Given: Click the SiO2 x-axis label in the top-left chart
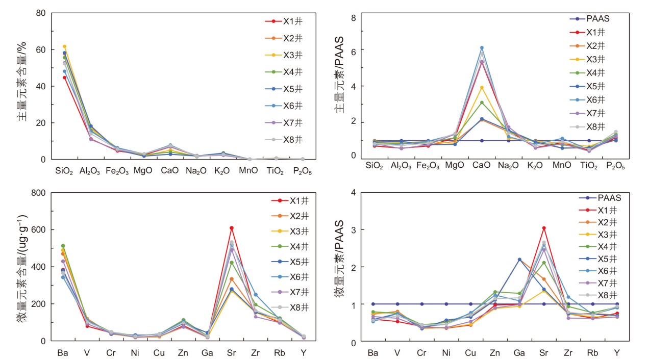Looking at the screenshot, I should tap(64, 171).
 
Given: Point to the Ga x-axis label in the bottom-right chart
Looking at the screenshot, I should tap(519, 353).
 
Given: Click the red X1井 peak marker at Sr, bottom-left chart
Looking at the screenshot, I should tap(231, 228).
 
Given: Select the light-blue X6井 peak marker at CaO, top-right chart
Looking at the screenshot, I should tap(481, 48).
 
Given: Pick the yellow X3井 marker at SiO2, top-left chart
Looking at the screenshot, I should tap(64, 46).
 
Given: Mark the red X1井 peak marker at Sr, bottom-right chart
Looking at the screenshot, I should tap(544, 228).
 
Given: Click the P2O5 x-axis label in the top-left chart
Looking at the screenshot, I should tap(302, 171).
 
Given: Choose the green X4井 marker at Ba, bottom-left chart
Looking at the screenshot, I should tap(63, 246).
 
